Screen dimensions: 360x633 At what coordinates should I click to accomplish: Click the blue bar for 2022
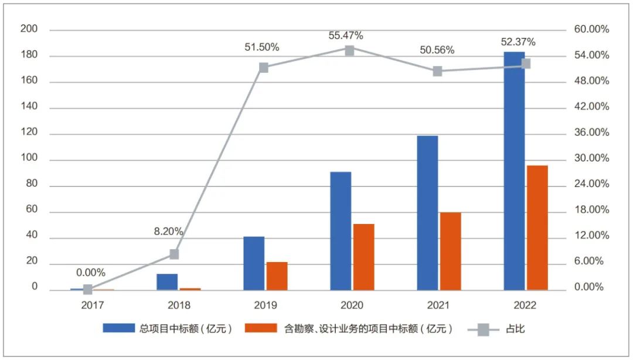pyautogui.click(x=514, y=171)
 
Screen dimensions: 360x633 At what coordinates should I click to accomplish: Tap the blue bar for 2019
pyautogui.click(x=254, y=263)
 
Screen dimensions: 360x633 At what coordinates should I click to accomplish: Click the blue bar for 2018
pyautogui.click(x=167, y=282)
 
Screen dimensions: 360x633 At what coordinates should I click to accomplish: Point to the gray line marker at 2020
pyautogui.click(x=349, y=50)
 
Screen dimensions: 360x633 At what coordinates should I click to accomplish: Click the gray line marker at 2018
pyautogui.click(x=174, y=254)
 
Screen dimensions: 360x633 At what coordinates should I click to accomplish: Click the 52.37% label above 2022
pyautogui.click(x=518, y=42)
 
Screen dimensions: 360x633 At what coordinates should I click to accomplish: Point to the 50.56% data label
pyautogui.click(x=437, y=50)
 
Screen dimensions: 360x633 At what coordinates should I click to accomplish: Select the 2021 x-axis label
pyautogui.click(x=438, y=305)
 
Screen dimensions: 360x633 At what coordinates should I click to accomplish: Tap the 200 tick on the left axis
pyautogui.click(x=29, y=29)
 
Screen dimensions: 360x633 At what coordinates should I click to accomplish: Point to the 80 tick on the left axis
pyautogui.click(x=31, y=184)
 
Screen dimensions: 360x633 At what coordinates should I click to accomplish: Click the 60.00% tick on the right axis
pyautogui.click(x=593, y=29)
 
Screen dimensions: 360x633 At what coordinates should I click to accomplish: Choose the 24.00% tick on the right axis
pyautogui.click(x=593, y=184)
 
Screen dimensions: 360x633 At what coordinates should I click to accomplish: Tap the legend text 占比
pyautogui.click(x=515, y=329)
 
